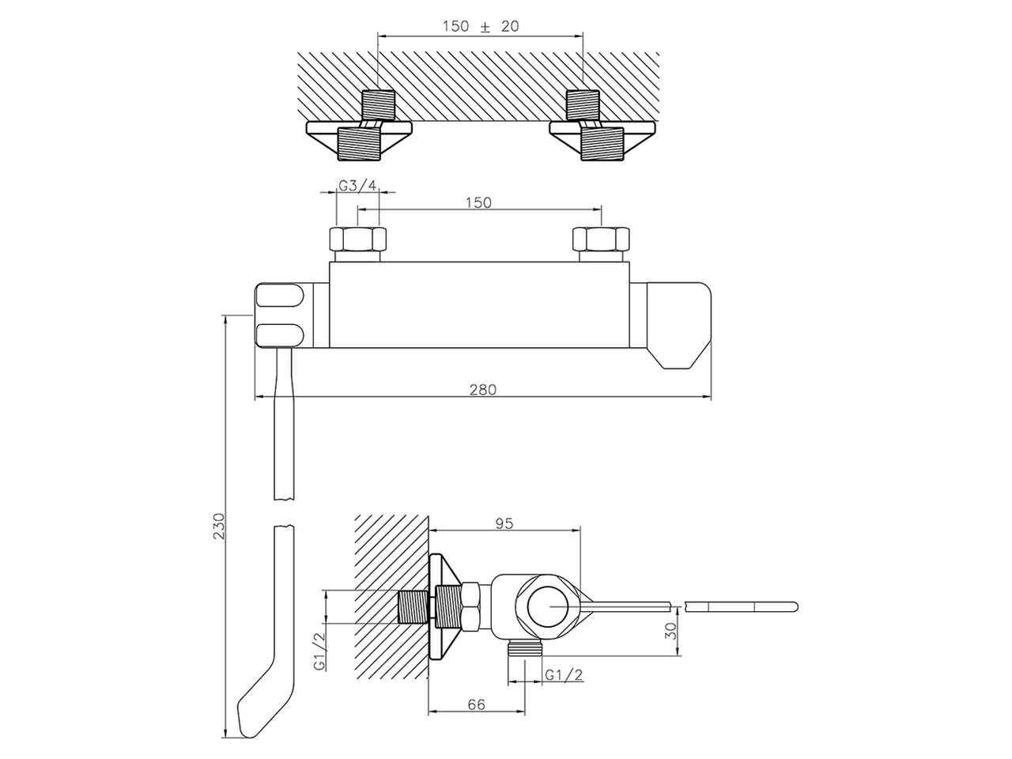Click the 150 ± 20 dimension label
(x=480, y=25)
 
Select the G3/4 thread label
(x=357, y=186)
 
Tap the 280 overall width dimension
(x=483, y=389)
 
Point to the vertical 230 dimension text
(x=219, y=527)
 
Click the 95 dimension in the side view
(x=504, y=523)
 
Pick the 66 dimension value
(x=476, y=704)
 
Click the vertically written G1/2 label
(x=319, y=651)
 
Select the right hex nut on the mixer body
(x=602, y=239)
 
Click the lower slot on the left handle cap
(x=279, y=333)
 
